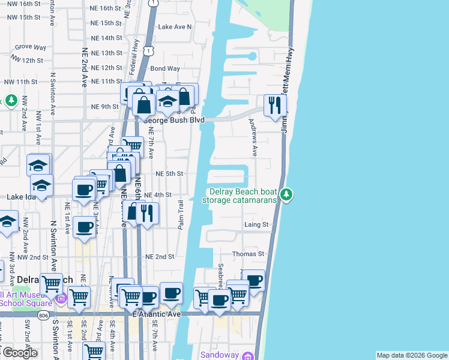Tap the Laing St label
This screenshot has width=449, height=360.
click(256, 224)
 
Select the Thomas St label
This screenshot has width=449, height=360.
click(249, 254)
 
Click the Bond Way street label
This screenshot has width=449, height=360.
click(165, 69)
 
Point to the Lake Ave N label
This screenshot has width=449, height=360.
click(174, 27)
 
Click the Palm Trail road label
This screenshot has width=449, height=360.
click(180, 214)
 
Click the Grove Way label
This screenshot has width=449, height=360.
click(31, 47)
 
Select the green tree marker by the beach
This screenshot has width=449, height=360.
click(287, 194)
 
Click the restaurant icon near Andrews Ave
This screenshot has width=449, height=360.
click(274, 105)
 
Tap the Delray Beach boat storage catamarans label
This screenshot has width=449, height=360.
click(243, 196)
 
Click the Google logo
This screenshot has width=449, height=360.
click(19, 353)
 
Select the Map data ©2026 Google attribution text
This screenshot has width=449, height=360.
click(411, 355)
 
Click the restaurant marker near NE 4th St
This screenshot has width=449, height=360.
click(147, 212)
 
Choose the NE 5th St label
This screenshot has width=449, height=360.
click(169, 173)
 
